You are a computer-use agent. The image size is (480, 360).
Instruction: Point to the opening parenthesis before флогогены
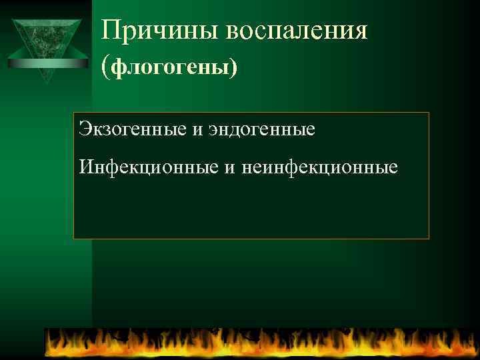pos(106,66)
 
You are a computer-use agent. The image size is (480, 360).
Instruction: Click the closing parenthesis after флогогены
pos(233,67)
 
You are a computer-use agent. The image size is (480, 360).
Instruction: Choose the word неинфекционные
pos(318,166)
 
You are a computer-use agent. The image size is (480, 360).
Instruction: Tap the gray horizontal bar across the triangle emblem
pos(47,63)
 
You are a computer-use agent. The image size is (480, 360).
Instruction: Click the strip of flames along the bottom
pos(260,343)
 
